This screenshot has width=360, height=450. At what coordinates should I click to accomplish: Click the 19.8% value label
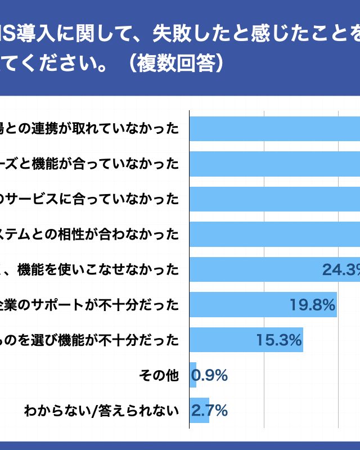tap(312, 305)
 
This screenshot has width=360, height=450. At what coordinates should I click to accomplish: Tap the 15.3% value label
tap(279, 340)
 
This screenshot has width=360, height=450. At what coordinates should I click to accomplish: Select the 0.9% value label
tap(209, 375)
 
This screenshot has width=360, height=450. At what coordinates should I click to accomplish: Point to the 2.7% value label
tap(209, 411)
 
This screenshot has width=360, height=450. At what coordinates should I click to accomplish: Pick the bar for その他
tap(193, 375)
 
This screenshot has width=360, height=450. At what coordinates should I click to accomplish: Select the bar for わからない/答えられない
tap(199, 411)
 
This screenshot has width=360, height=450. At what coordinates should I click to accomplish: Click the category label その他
tap(158, 375)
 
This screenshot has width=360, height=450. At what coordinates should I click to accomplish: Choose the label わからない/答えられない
tap(101, 411)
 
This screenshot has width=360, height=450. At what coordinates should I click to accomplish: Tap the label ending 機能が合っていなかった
tap(90, 164)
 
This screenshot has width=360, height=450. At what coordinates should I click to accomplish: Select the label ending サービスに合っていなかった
tap(90, 199)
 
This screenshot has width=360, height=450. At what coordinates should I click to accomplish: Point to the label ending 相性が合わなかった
tap(90, 234)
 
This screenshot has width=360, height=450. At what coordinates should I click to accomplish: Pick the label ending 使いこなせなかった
tap(90, 270)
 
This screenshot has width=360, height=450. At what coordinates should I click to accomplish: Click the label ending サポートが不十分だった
tap(90, 305)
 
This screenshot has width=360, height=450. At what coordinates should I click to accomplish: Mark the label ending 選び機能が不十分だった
tap(90, 340)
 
